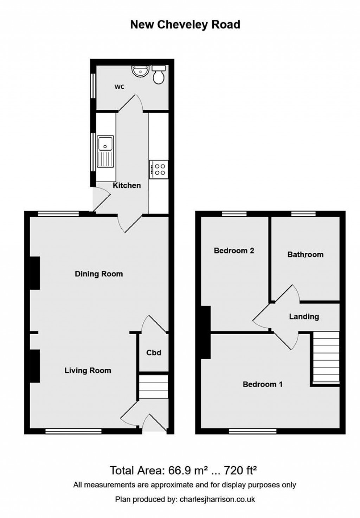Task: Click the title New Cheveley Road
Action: (x=185, y=25)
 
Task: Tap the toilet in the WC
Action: (x=159, y=75)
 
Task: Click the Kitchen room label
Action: (x=127, y=185)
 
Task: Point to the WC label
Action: (x=119, y=87)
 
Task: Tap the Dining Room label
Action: (x=99, y=274)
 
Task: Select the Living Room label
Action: (x=88, y=370)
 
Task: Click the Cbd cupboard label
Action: (x=154, y=353)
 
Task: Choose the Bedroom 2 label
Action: (x=234, y=251)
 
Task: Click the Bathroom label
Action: (x=305, y=254)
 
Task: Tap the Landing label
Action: (x=304, y=316)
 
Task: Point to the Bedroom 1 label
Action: (x=262, y=384)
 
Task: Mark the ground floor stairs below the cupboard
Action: (x=153, y=386)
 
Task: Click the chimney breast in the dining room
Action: (x=34, y=273)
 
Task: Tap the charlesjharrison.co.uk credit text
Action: (x=217, y=499)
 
